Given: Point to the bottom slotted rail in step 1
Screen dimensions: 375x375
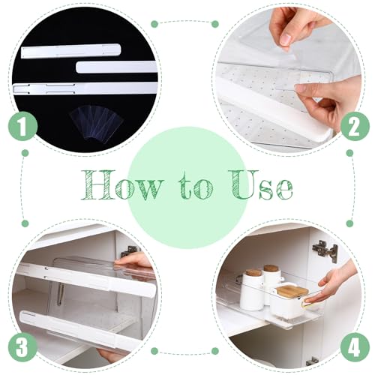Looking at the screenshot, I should click(x=82, y=88).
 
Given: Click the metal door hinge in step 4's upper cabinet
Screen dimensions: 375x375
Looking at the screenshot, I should click(x=325, y=251).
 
